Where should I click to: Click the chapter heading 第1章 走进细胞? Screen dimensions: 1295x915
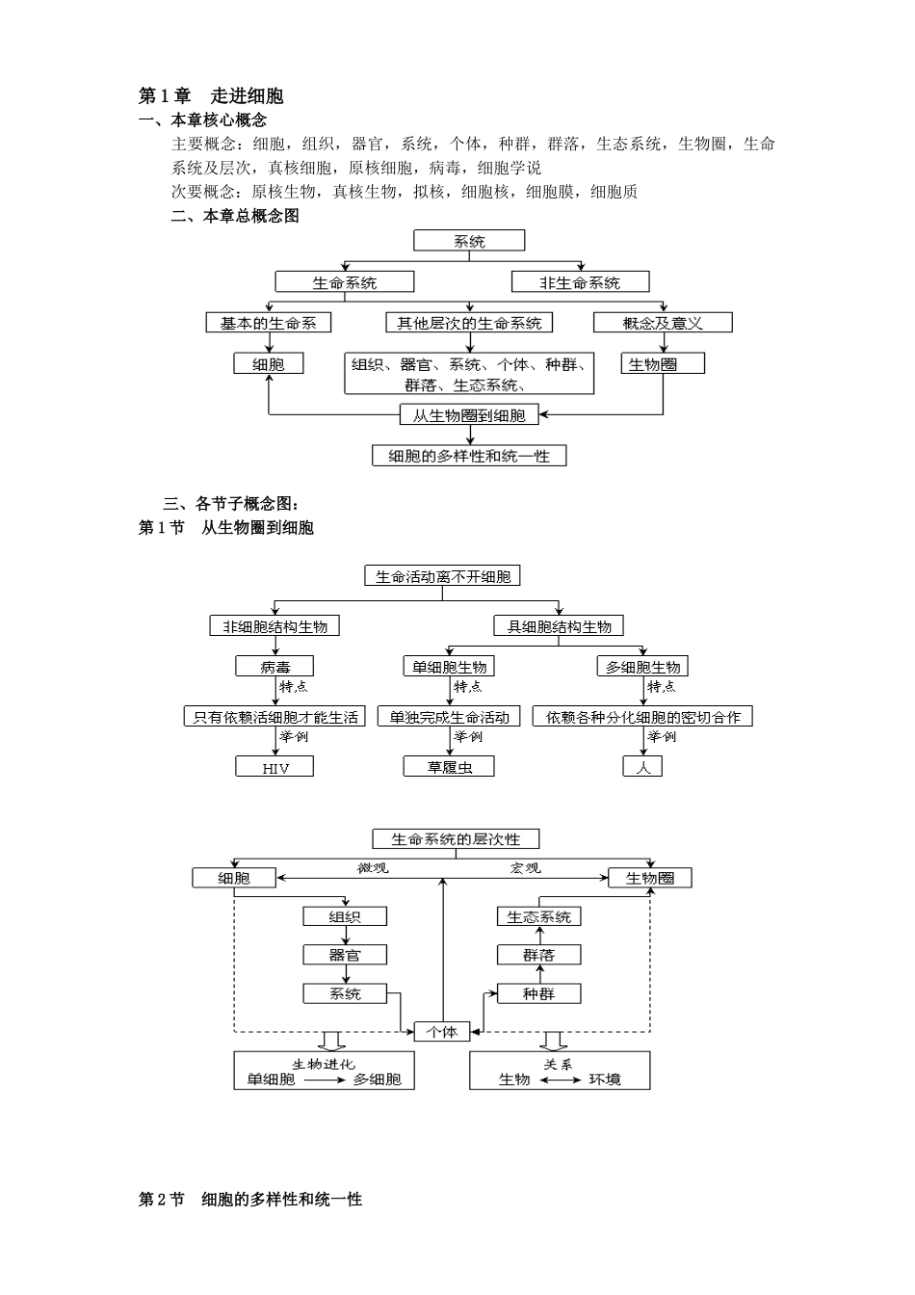click(211, 95)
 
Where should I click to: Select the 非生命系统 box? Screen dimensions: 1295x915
click(579, 282)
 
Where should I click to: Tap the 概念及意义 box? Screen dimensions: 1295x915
click(662, 323)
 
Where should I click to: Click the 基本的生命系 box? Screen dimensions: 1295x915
click(269, 323)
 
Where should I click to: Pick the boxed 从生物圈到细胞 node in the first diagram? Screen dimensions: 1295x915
click(469, 415)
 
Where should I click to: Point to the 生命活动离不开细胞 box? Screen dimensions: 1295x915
click(443, 576)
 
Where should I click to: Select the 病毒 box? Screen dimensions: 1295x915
click(274, 667)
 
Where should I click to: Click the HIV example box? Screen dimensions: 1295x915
click(274, 768)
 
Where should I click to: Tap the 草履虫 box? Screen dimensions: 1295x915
click(449, 767)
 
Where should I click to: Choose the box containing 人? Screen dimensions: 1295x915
click(642, 767)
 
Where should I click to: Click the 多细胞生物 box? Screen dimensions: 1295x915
click(642, 667)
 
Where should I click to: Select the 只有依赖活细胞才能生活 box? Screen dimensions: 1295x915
click(274, 717)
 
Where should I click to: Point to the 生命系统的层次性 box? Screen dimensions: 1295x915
click(456, 839)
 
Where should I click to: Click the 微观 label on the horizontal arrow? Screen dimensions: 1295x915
click(373, 868)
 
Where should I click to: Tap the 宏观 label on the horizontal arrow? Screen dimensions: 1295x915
click(525, 868)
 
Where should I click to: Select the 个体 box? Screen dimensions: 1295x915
click(442, 1032)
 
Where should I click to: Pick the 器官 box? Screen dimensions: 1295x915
click(345, 955)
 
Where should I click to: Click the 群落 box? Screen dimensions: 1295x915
click(538, 955)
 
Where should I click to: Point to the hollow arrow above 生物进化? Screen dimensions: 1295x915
click(331, 1042)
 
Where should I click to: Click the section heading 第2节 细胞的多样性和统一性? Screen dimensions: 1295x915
click(250, 1200)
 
